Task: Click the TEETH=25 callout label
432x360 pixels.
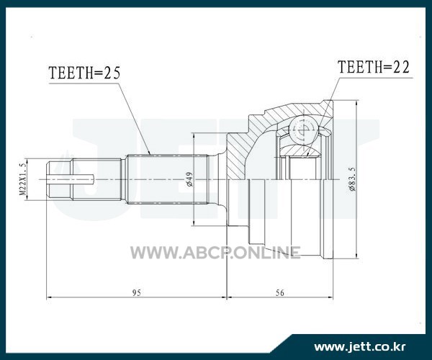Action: pyautogui.click(x=84, y=73)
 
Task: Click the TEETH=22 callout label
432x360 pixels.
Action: pyautogui.click(x=374, y=67)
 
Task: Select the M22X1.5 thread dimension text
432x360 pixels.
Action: pyautogui.click(x=23, y=179)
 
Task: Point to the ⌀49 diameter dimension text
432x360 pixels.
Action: pyautogui.click(x=190, y=179)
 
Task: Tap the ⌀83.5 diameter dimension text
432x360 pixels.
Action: pyautogui.click(x=352, y=179)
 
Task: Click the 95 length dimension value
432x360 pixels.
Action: pyautogui.click(x=137, y=292)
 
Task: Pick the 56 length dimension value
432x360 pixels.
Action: pyautogui.click(x=280, y=292)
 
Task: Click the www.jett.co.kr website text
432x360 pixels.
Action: pyautogui.click(x=360, y=346)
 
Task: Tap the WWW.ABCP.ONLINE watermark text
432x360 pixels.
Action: pyautogui.click(x=215, y=252)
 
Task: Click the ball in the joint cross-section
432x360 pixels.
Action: pyautogui.click(x=303, y=130)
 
